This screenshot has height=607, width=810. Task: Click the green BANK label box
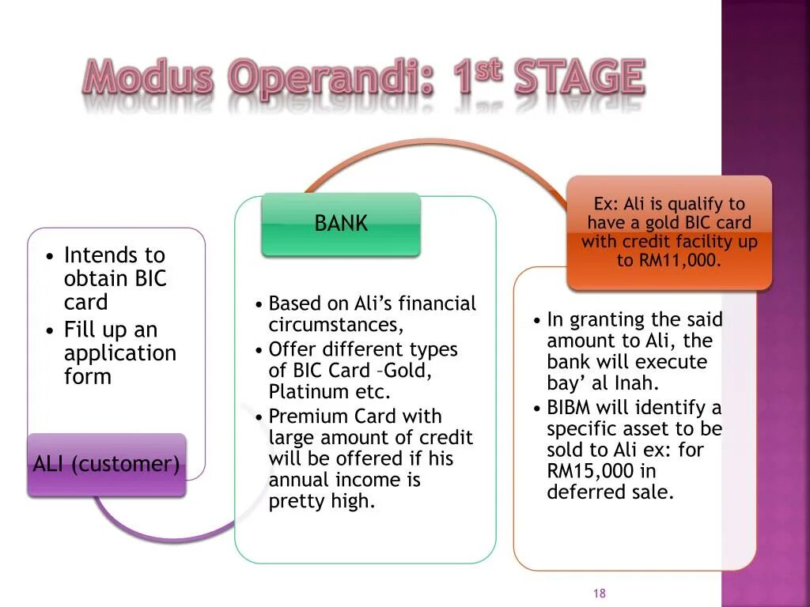coord(341,224)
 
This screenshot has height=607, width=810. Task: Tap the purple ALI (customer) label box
coord(107,465)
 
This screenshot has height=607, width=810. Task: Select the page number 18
coord(600,593)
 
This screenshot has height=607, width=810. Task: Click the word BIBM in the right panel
coord(568,408)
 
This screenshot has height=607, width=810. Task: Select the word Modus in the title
coord(148,77)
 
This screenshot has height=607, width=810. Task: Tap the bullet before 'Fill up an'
coord(50,330)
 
